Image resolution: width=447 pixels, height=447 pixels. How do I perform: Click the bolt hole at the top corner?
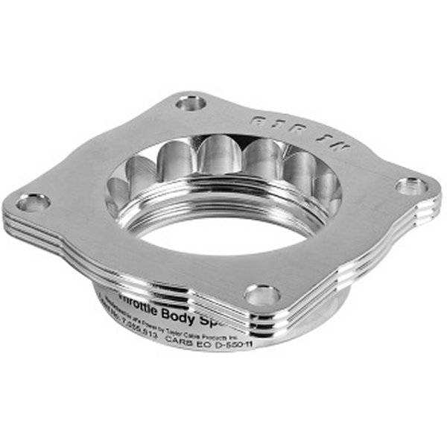[x=191, y=102]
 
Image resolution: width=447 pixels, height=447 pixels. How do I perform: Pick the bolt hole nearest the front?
[x=262, y=295]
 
